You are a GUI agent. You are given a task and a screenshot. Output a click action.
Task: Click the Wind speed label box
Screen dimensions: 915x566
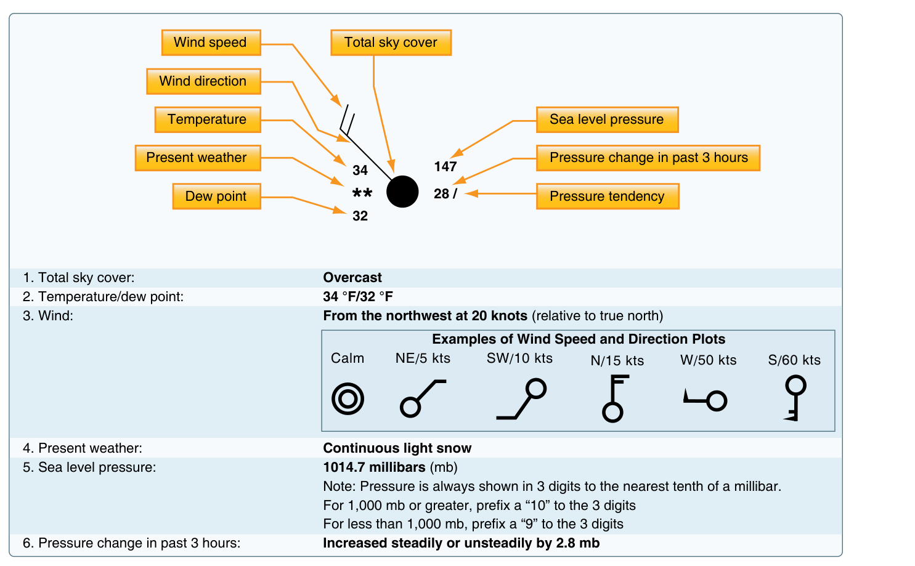click(211, 42)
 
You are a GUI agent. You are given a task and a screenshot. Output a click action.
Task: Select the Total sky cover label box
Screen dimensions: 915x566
click(391, 42)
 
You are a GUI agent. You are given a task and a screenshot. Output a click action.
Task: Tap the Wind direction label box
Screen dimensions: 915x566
click(203, 81)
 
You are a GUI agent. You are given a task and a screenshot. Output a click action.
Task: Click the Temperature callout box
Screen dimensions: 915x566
click(208, 119)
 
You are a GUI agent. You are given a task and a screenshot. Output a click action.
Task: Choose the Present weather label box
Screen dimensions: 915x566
click(198, 158)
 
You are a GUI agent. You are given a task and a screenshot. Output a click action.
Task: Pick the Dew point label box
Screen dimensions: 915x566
click(216, 196)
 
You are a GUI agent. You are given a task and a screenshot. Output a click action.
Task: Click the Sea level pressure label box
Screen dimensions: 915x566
click(608, 119)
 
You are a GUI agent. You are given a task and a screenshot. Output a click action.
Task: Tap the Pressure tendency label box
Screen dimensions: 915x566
click(608, 196)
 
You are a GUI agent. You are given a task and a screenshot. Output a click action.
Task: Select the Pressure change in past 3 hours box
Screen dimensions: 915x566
click(648, 158)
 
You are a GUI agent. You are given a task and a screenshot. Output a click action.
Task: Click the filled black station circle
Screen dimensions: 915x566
click(402, 192)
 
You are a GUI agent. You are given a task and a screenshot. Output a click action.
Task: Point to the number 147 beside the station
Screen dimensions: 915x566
click(445, 167)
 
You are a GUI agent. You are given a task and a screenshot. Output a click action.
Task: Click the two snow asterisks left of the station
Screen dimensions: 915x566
click(362, 193)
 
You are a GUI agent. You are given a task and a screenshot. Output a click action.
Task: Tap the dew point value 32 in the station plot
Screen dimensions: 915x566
click(360, 216)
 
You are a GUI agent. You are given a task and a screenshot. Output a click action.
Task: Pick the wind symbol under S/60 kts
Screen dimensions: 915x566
click(795, 398)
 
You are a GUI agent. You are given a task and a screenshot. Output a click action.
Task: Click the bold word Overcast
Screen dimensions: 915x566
click(352, 278)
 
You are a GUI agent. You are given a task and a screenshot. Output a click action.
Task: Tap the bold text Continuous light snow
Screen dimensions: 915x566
click(397, 448)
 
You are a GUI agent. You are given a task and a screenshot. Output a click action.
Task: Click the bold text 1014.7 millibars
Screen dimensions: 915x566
click(374, 467)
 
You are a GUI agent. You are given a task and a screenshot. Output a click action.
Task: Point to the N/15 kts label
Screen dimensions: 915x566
click(617, 360)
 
